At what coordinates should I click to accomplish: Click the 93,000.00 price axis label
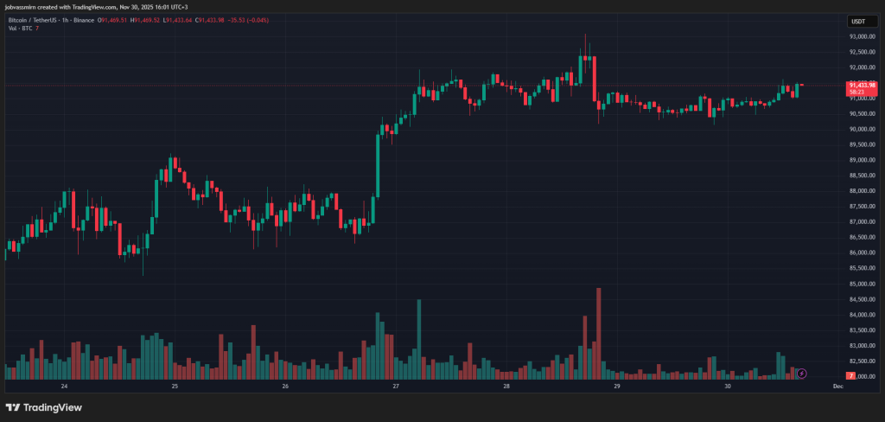pyautogui.click(x=861, y=36)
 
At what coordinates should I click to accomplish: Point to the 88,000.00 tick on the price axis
pyautogui.click(x=861, y=190)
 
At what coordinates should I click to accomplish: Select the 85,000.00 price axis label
pyautogui.click(x=861, y=284)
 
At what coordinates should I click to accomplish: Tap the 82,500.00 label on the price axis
pyautogui.click(x=861, y=361)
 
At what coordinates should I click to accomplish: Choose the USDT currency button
pyautogui.click(x=858, y=21)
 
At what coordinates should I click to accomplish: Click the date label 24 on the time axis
pyautogui.click(x=64, y=387)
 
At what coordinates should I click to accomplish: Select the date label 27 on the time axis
pyautogui.click(x=396, y=387)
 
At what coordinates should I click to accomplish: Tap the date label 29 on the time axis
pyautogui.click(x=617, y=387)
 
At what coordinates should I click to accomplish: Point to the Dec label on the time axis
pyautogui.click(x=837, y=387)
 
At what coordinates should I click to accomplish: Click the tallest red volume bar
pyautogui.click(x=598, y=333)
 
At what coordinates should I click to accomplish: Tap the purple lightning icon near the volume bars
pyautogui.click(x=801, y=374)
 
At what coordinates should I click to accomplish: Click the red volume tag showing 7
pyautogui.click(x=852, y=376)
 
